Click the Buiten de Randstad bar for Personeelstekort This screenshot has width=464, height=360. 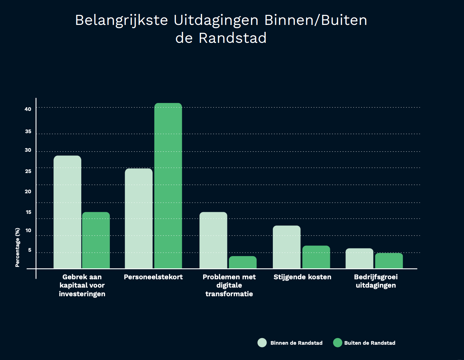coord(168,186)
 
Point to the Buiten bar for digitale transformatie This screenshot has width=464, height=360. coord(243,262)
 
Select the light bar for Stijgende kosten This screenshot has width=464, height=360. coord(287,247)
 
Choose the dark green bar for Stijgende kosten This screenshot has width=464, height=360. coord(316,257)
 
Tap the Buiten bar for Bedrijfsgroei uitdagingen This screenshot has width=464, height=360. coord(389,261)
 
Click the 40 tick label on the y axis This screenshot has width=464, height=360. coord(28,109)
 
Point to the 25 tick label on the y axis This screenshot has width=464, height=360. coord(28,171)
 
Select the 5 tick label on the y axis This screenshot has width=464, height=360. coord(30,250)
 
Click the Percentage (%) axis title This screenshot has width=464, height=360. coord(18,247)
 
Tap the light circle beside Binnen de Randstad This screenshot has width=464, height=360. coord(262,343)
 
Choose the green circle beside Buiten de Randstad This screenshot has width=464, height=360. coord(338,343)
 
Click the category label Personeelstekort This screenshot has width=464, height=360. coord(153,277)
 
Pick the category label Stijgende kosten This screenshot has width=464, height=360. coord(302,277)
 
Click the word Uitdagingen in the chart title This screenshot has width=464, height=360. coord(216,21)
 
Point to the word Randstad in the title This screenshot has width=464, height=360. coord(233,38)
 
